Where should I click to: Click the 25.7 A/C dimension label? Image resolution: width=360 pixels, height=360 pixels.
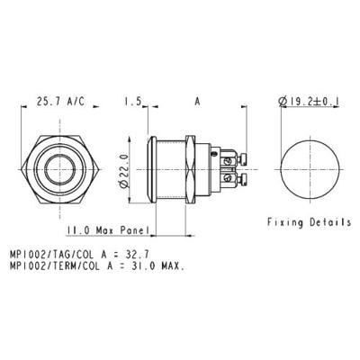[56, 101]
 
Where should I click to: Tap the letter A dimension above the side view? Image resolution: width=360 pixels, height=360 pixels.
[196, 101]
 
